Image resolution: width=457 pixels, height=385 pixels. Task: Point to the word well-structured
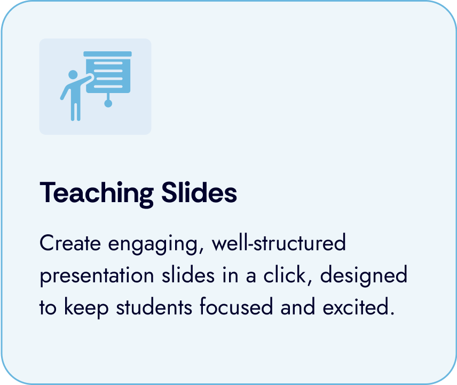(279, 244)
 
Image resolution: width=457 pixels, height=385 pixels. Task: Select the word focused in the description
(234, 308)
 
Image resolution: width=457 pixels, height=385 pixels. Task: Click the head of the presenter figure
(73, 75)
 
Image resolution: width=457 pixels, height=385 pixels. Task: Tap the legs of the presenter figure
(75, 110)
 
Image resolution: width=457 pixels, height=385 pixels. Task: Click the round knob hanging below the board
(108, 103)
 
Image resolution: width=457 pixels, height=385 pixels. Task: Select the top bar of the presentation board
(107, 54)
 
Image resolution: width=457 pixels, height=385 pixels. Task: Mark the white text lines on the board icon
(111, 72)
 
